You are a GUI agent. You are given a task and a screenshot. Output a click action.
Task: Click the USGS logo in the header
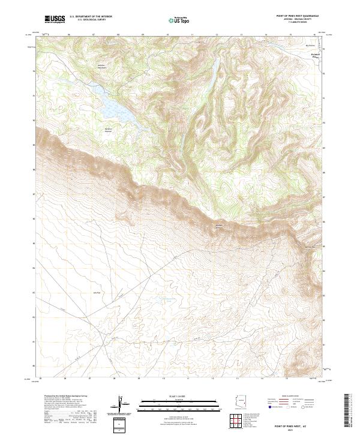pyautogui.click(x=55, y=20)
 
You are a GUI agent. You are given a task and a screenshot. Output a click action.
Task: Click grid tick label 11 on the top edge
pyautogui.click(x=191, y=35)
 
